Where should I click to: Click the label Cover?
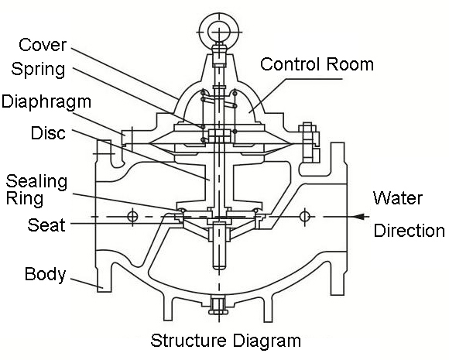tap(43, 45)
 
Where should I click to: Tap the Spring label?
tap(39, 70)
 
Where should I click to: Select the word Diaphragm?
tap(46, 102)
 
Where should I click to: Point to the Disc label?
tap(48, 133)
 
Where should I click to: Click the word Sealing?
tap(36, 182)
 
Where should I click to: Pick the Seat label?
tap(46, 225)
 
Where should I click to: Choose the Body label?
tap(45, 274)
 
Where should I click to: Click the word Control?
tap(290, 64)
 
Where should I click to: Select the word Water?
tap(398, 198)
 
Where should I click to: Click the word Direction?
tap(410, 230)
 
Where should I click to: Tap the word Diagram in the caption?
tap(266, 341)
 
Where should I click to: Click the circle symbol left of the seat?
tap(132, 217)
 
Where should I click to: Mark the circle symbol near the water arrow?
tap(304, 216)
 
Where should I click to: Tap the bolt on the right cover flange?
tap(309, 142)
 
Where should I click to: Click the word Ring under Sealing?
tap(25, 199)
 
